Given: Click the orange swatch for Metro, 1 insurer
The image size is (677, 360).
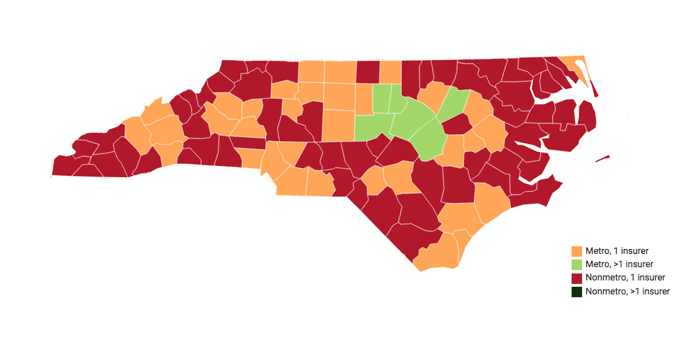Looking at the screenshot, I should [576, 251].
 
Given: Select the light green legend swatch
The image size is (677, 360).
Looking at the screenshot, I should [576, 264].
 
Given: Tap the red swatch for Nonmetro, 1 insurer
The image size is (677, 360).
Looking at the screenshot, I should [576, 278].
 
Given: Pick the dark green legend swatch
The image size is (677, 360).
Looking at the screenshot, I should [576, 292].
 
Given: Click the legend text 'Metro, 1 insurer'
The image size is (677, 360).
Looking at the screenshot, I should [618, 251].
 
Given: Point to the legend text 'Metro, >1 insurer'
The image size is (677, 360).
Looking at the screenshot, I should [619, 264].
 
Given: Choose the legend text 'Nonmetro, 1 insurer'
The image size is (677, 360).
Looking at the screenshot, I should [625, 278].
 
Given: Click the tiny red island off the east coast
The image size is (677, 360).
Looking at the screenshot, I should [602, 159].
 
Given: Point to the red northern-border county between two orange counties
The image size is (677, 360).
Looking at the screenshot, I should [367, 71].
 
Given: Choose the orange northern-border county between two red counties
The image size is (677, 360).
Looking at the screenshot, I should [390, 71].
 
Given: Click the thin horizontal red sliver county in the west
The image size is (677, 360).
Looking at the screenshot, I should [248, 143].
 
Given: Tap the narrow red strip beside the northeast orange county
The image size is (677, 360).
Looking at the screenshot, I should [593, 87].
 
